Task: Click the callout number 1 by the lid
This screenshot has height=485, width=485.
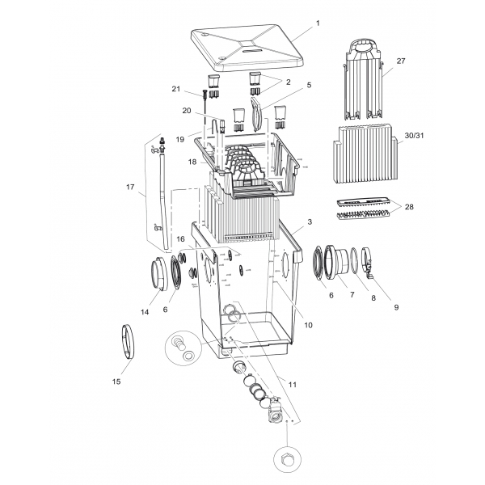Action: (x=318, y=23)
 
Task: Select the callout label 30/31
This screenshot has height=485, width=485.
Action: (x=414, y=136)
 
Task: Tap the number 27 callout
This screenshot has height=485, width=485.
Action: (x=401, y=61)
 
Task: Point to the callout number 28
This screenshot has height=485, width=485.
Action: (x=409, y=207)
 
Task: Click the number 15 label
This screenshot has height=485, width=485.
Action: (x=116, y=382)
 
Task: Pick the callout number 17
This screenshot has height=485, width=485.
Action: (x=130, y=187)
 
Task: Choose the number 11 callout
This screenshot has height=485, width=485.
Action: (x=293, y=385)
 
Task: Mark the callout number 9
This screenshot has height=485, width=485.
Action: (x=396, y=307)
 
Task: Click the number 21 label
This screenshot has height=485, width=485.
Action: (x=175, y=89)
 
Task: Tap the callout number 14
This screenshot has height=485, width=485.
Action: (x=145, y=312)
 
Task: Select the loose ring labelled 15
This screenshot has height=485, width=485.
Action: (x=127, y=341)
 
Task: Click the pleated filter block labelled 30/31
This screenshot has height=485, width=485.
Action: (x=365, y=154)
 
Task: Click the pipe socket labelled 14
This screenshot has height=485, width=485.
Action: (x=158, y=274)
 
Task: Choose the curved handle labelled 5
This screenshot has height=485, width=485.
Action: (x=257, y=113)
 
